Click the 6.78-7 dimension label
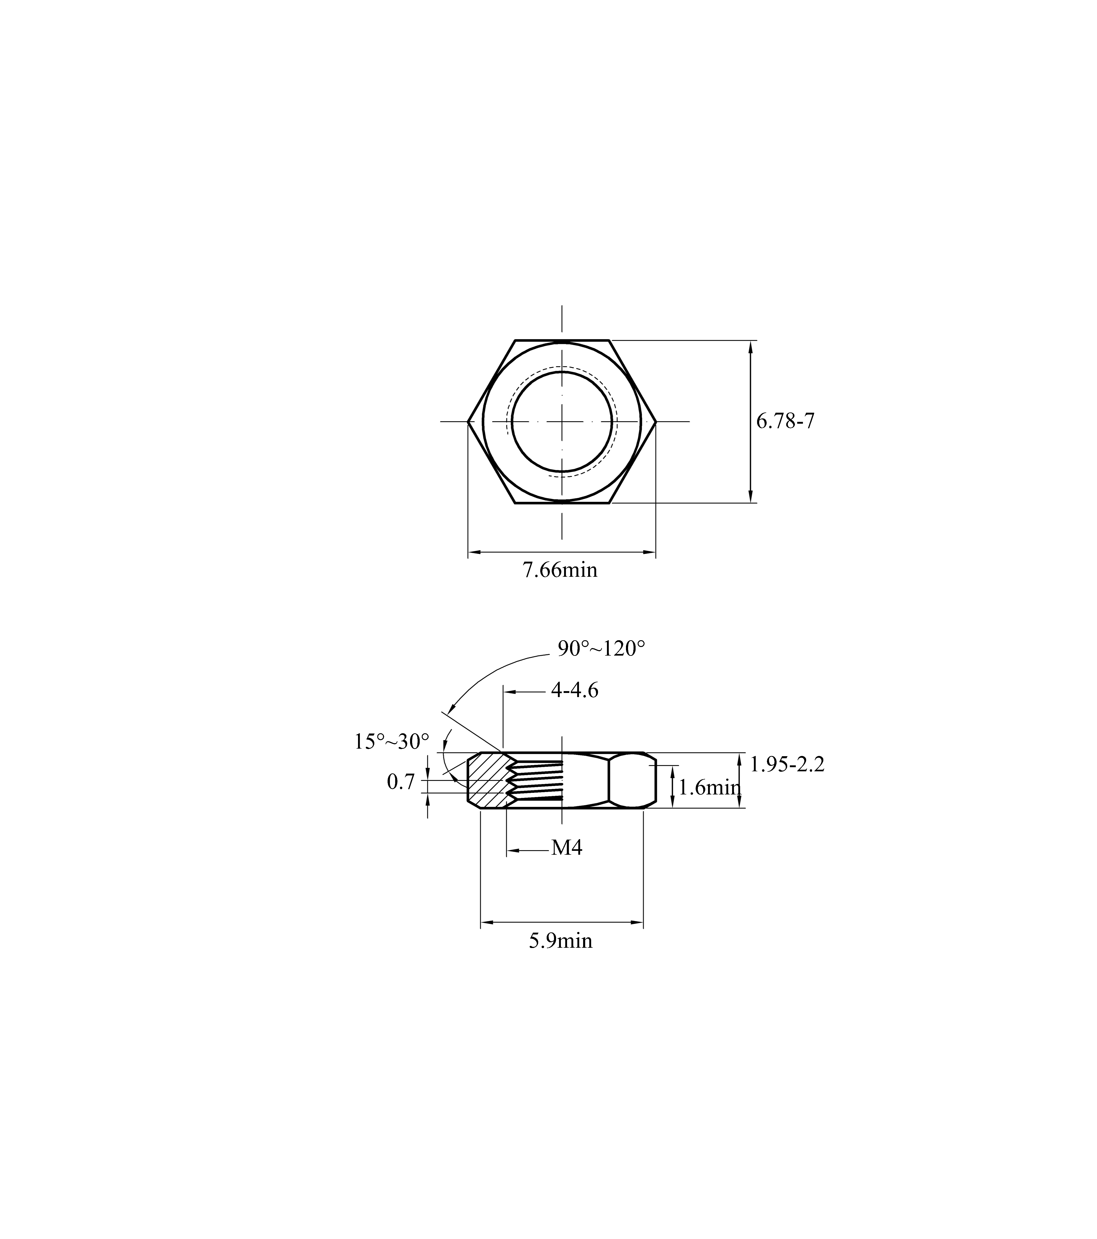click(x=785, y=421)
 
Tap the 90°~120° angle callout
click(x=601, y=649)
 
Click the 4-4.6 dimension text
click(x=574, y=690)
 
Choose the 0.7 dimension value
click(x=401, y=782)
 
